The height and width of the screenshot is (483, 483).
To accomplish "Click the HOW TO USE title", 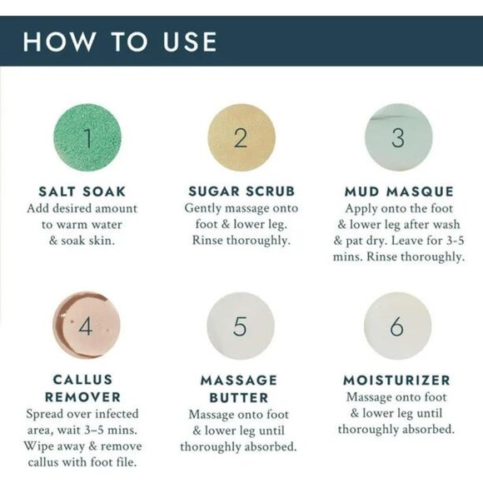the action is coord(120,42).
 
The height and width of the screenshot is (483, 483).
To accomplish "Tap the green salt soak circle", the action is coord(87,137).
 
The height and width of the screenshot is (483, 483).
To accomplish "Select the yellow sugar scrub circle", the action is coord(242,137).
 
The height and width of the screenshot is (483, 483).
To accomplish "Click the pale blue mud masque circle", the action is coord(399,137).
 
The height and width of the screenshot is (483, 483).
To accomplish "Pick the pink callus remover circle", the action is coord(87,326).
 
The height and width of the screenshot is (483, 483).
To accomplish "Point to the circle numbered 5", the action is coord(241,326).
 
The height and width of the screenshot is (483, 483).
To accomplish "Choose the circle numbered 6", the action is coord(397,326).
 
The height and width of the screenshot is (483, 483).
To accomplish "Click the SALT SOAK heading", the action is coord(82,192).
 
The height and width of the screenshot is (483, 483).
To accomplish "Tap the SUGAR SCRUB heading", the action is coord(242,192).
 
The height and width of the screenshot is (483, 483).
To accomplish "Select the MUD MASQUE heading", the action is coord(399,192).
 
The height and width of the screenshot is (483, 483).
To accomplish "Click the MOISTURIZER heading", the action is coord(396,380).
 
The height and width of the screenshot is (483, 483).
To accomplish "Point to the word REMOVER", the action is coord(82,397).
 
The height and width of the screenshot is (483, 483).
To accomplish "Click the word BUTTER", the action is coord(239,398).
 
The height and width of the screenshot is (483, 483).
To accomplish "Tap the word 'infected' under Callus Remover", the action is coord(117,414).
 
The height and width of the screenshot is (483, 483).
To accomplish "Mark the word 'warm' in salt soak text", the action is coord(72,225).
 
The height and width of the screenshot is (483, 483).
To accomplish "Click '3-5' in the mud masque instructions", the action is coord(455,241).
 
